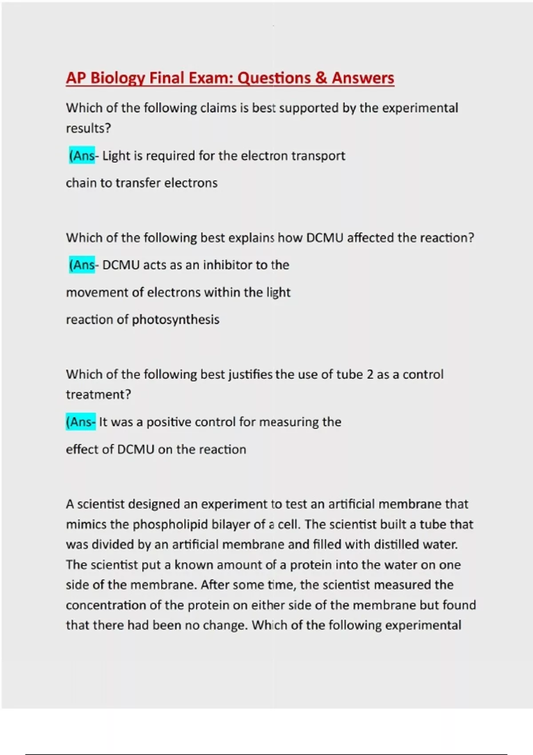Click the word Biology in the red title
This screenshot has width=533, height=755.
[118, 78]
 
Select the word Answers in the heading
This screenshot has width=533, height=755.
[363, 78]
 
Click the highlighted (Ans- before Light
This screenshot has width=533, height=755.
[82, 156]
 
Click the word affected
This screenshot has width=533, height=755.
[370, 238]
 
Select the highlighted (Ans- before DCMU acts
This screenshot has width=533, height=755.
[82, 265]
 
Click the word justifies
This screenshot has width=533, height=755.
[251, 374]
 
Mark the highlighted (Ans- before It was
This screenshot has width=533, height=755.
[80, 422]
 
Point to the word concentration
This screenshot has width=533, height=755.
[110, 605]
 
